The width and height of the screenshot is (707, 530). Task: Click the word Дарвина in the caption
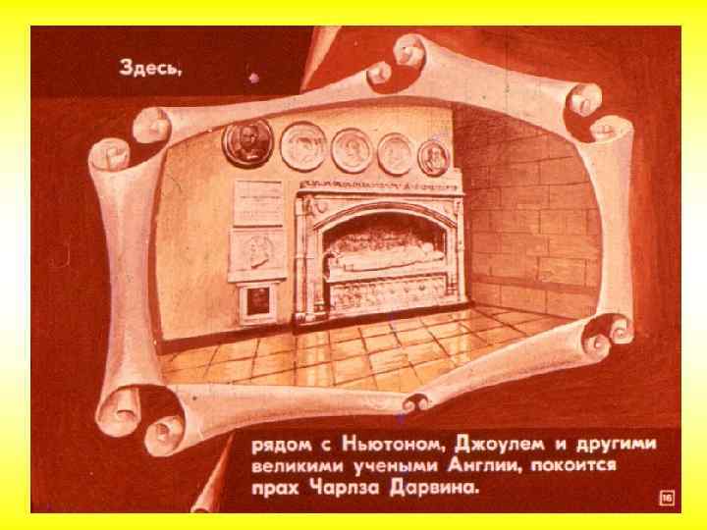432,488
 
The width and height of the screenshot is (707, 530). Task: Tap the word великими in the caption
292,466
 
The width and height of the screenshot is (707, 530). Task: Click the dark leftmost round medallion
242,143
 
